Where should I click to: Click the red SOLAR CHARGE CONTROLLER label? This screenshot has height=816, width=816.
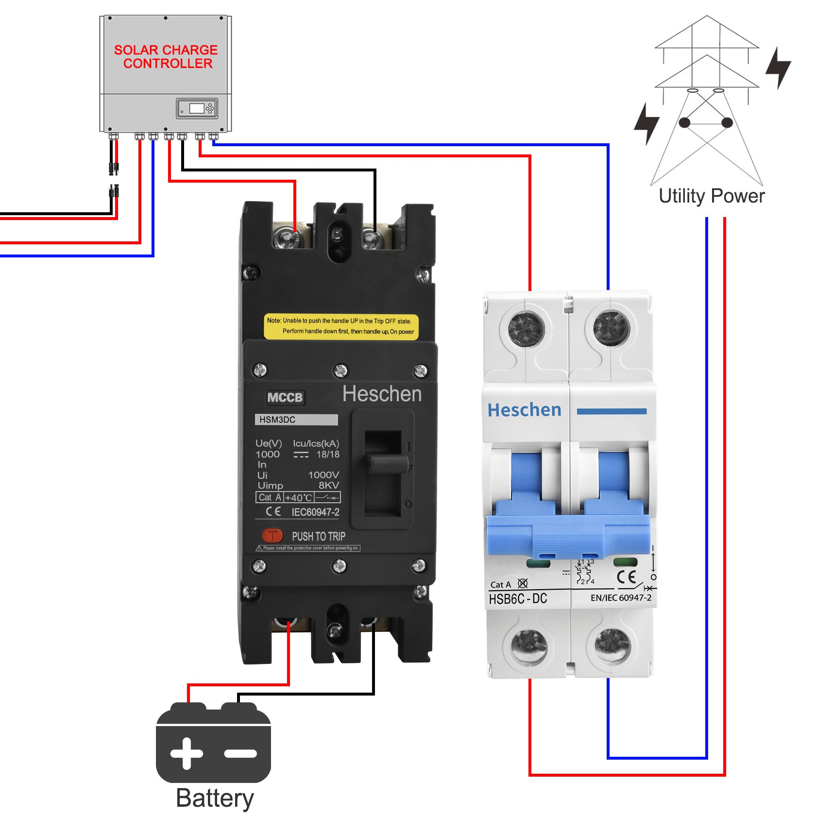click(166, 57)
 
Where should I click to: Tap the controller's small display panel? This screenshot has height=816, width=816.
click(197, 108)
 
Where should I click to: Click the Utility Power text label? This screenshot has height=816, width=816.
click(711, 196)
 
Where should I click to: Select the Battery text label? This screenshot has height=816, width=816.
click(215, 798)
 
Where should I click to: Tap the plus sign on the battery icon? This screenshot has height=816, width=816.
click(187, 753)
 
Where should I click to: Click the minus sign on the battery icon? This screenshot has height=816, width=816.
click(240, 753)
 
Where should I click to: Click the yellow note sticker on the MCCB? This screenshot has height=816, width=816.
click(340, 326)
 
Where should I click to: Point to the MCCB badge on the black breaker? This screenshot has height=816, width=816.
click(285, 397)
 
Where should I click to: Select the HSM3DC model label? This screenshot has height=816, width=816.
click(296, 420)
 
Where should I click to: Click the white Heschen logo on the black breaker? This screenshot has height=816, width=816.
click(382, 394)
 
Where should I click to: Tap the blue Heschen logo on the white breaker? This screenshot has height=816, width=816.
click(524, 410)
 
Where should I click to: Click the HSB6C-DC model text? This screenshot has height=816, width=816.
click(518, 598)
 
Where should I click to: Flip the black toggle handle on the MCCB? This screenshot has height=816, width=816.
click(387, 464)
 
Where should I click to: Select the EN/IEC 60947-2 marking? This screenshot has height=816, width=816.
click(621, 598)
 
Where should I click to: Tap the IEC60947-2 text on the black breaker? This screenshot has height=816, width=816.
click(315, 512)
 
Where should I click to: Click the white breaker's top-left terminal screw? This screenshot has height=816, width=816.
click(526, 329)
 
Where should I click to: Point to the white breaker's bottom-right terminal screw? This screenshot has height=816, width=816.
click(612, 646)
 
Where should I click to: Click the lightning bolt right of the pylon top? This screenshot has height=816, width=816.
click(778, 68)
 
